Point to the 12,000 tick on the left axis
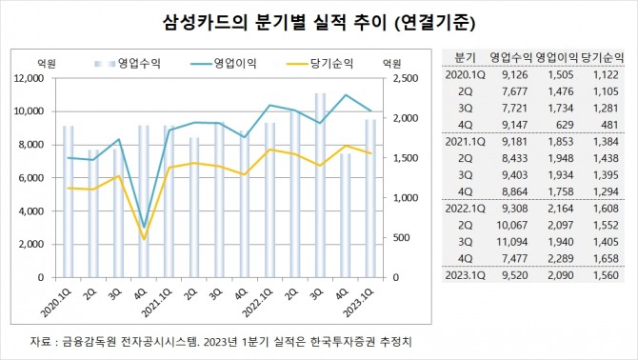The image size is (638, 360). point(30,79)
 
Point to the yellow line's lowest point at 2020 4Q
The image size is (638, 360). point(144,238)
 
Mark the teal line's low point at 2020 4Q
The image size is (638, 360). point(144,227)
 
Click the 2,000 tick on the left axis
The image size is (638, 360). point(34,244)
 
